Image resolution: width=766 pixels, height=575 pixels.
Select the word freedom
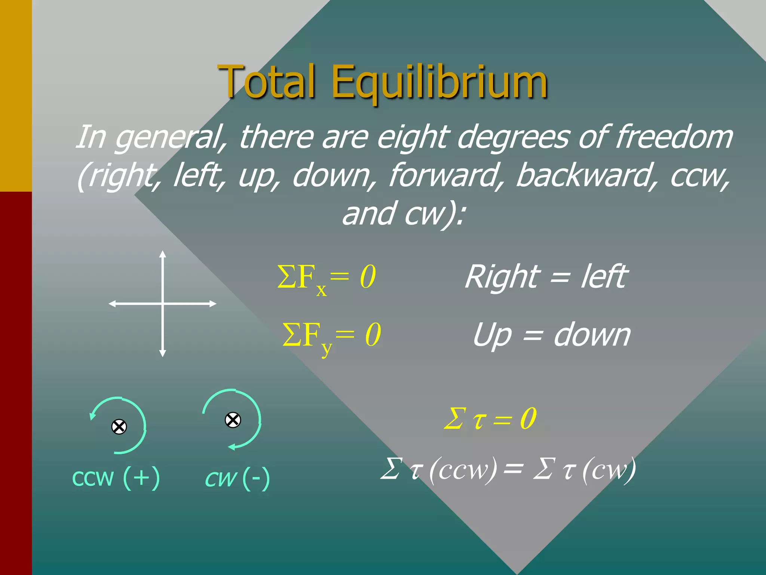[x=674, y=137]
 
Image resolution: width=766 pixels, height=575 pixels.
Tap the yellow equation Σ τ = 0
[x=490, y=419]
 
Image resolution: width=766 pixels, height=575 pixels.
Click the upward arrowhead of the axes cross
[x=162, y=254]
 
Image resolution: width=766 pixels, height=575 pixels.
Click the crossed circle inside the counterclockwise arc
[x=119, y=427]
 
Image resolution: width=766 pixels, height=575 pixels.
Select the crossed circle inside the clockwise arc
[x=233, y=420]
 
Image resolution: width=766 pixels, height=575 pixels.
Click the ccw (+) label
[x=116, y=478]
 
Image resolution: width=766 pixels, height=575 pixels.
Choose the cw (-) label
[x=238, y=478]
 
